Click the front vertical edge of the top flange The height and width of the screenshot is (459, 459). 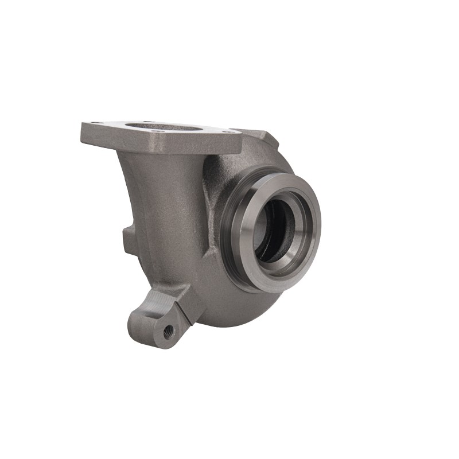pyautogui.click(x=161, y=143)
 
